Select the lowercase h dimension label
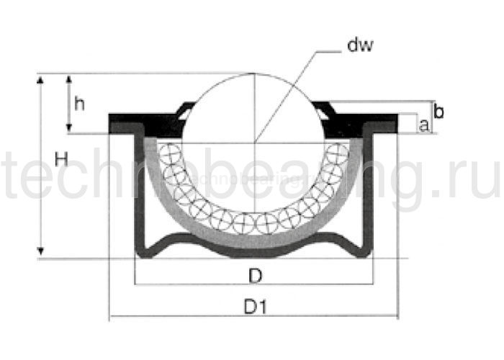click(x=80, y=104)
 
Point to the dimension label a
click(x=424, y=125)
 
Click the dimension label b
click(x=439, y=112)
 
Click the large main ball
click(x=254, y=108)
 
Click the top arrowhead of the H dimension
click(x=40, y=78)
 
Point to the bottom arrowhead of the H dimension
click(x=40, y=251)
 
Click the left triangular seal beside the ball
click(x=186, y=111)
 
